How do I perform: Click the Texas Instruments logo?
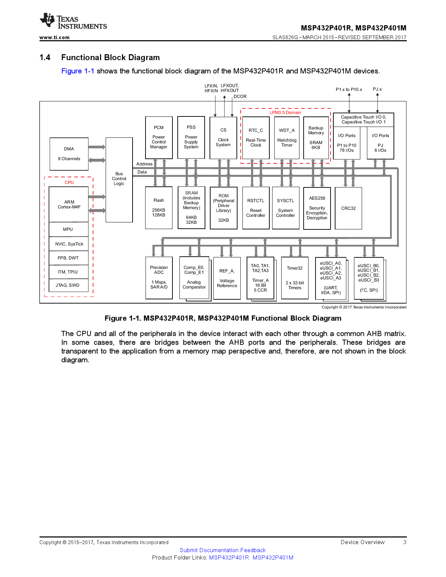pyautogui.click(x=73, y=21)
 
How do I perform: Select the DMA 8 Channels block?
pyautogui.click(x=69, y=154)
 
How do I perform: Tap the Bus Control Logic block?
pyautogui.click(x=119, y=179)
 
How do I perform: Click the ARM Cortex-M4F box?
pyautogui.click(x=69, y=204)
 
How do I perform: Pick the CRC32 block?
pyautogui.click(x=348, y=208)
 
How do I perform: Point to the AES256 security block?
pyautogui.click(x=317, y=208)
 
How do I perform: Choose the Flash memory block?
pyautogui.click(x=159, y=208)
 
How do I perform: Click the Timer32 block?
pyautogui.click(x=295, y=278)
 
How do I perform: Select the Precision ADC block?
pyautogui.click(x=159, y=278)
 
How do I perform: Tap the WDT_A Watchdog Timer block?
pyautogui.click(x=287, y=138)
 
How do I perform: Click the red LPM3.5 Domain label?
pyautogui.click(x=285, y=113)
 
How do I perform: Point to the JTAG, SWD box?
pyautogui.click(x=68, y=285)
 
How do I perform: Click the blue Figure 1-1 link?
pyautogui.click(x=78, y=71)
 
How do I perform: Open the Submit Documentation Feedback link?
pyautogui.click(x=222, y=550)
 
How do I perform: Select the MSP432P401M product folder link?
pyautogui.click(x=273, y=557)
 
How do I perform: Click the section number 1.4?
pyautogui.click(x=45, y=57)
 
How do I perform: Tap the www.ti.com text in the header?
pyautogui.click(x=54, y=37)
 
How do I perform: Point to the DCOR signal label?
pyautogui.click(x=240, y=97)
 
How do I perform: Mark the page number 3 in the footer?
pyautogui.click(x=405, y=542)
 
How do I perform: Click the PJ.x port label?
pyautogui.click(x=377, y=89)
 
